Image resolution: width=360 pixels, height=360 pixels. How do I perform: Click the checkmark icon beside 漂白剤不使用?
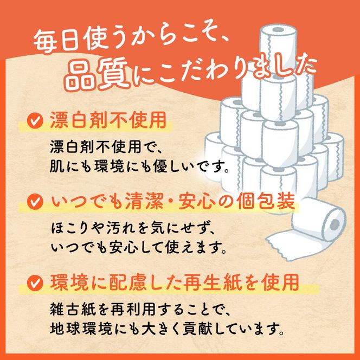(35, 120)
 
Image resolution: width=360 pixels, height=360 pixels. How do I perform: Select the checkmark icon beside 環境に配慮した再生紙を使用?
(35, 282)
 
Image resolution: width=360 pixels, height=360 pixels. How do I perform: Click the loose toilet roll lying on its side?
(320, 221)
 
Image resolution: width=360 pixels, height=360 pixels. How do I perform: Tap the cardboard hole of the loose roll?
(334, 223)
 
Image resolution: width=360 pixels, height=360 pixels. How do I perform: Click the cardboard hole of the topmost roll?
(278, 30)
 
